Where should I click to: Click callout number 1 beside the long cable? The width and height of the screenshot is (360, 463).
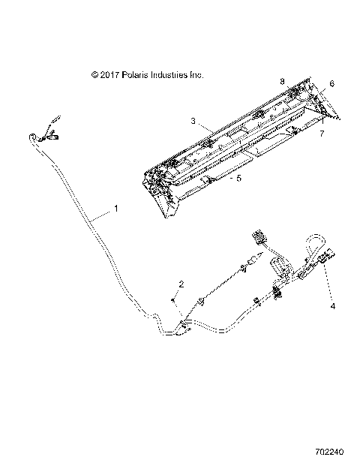[115, 209]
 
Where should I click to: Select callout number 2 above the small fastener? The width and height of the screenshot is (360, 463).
[181, 284]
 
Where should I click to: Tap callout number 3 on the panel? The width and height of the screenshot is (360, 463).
[193, 120]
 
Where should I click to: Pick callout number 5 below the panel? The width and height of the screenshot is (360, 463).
[218, 179]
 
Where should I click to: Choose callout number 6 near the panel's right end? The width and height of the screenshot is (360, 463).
[332, 85]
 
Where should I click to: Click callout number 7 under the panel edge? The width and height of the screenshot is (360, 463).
[322, 134]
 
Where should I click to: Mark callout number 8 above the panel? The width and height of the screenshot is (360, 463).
[282, 80]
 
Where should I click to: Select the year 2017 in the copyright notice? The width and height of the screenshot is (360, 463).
[109, 75]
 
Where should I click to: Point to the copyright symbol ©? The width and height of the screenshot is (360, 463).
[94, 75]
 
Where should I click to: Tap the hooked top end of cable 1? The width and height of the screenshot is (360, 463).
[34, 136]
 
